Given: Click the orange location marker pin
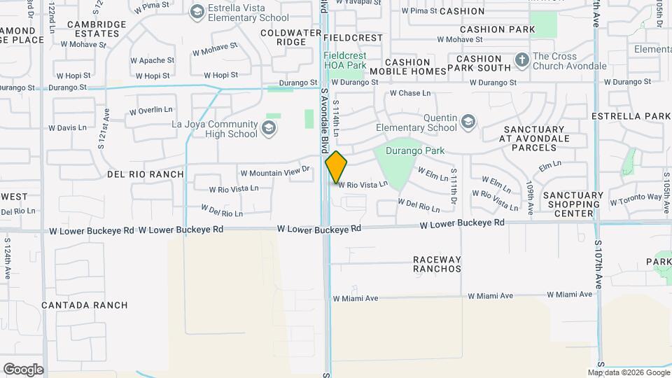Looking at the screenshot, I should (336, 167).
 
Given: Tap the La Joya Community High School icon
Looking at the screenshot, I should (269, 128).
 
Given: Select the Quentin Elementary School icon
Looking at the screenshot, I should (468, 123).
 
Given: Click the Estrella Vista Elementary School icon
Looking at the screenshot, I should (197, 12).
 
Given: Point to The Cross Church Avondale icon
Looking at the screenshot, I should (521, 60).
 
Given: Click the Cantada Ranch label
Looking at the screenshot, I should (85, 305).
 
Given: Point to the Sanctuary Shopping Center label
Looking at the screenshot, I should (573, 204).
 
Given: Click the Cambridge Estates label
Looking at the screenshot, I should (97, 29).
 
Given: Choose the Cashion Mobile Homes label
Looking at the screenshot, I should (407, 66).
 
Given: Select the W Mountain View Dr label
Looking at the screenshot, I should (274, 172).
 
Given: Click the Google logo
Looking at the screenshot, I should (23, 370).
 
